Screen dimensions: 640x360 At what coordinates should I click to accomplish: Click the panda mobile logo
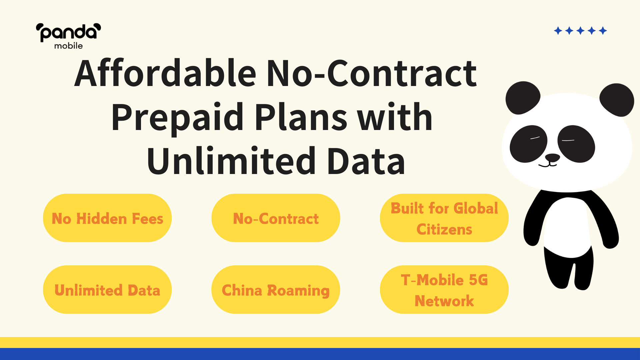click(x=68, y=36)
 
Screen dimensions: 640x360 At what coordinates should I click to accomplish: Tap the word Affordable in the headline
click(x=165, y=73)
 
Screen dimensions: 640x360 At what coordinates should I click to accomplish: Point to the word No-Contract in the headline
click(x=372, y=73)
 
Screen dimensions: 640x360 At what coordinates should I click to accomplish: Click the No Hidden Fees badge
click(x=107, y=218)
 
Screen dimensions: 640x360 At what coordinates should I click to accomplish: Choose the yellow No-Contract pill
click(x=276, y=218)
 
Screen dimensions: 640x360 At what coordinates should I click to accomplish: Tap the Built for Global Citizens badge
click(x=444, y=218)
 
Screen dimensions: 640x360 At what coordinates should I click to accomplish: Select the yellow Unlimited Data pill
click(x=107, y=290)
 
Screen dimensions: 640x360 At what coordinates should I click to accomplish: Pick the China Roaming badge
click(x=276, y=290)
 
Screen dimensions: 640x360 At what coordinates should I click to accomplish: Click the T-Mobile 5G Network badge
click(x=444, y=290)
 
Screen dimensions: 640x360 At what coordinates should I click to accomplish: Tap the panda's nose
click(x=552, y=158)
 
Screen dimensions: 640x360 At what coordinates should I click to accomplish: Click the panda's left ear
click(x=522, y=98)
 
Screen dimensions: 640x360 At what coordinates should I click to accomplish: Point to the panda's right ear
click(x=617, y=100)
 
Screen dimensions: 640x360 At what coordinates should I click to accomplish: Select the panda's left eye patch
click(x=529, y=144)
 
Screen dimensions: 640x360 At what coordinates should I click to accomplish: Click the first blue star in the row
click(x=558, y=31)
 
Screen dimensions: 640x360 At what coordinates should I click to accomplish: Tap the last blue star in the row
click(x=603, y=31)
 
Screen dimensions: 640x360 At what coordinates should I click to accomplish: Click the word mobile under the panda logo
click(x=68, y=46)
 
